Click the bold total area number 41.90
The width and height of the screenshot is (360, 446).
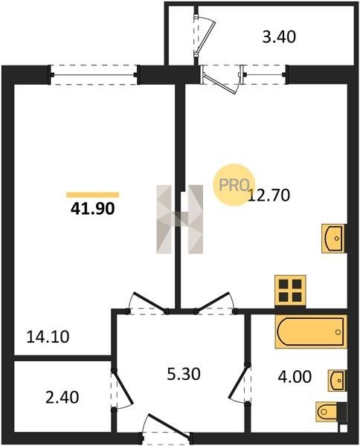click(92, 209)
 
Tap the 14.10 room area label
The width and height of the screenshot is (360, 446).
click(48, 337)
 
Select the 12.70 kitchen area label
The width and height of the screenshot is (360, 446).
click(269, 195)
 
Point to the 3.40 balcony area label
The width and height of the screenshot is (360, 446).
click(279, 37)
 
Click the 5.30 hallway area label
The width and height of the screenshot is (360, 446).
click(184, 374)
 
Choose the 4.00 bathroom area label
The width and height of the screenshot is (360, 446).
click(295, 377)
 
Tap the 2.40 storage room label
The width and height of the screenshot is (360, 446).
click(62, 398)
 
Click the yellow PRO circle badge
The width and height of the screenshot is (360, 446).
click(234, 184)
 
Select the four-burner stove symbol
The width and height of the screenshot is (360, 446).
click(290, 291)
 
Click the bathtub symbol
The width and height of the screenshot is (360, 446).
click(311, 332)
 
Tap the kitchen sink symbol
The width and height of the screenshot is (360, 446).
click(333, 239)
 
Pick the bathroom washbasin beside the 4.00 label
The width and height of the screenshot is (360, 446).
click(337, 381)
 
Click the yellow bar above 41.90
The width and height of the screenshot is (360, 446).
click(93, 195)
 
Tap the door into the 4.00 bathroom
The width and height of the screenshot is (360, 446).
click(240, 384)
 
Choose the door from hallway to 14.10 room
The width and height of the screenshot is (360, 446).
click(148, 303)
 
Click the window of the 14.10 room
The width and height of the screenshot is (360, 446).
click(94, 75)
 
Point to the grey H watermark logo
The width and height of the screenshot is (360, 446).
click(179, 219)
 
